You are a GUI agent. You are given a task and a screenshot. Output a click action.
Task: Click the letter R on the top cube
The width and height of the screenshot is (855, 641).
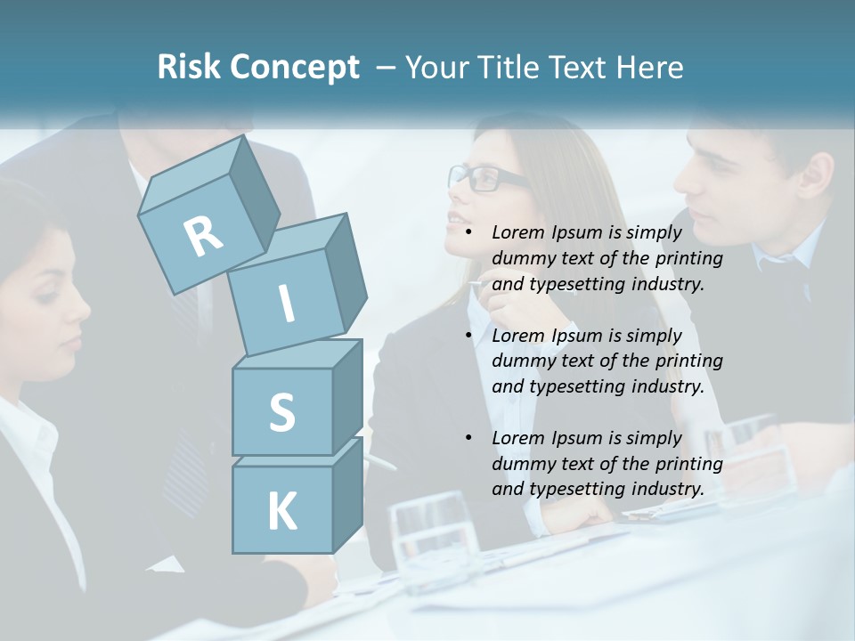[203, 235]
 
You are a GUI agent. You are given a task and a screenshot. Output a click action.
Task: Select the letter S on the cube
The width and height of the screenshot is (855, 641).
[281, 412]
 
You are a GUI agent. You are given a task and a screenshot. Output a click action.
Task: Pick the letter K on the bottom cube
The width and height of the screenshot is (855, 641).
[281, 512]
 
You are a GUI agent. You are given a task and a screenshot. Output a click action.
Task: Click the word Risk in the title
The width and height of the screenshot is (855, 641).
[188, 68]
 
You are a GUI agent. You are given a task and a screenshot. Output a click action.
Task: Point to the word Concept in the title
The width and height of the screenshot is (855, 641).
[293, 69]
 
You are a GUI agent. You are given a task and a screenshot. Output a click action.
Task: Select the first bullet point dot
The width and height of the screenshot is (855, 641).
[469, 233]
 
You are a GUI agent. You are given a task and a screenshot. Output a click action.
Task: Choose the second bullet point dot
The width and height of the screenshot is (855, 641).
[469, 336]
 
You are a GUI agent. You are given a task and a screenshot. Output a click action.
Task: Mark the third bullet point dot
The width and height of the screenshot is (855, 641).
[469, 438]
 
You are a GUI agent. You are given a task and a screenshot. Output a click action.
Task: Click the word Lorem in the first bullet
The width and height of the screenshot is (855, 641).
[516, 232]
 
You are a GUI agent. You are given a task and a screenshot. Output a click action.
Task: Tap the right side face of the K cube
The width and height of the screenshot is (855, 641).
[346, 494]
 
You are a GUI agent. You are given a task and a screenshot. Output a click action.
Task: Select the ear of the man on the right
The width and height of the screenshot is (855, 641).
[813, 177]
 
